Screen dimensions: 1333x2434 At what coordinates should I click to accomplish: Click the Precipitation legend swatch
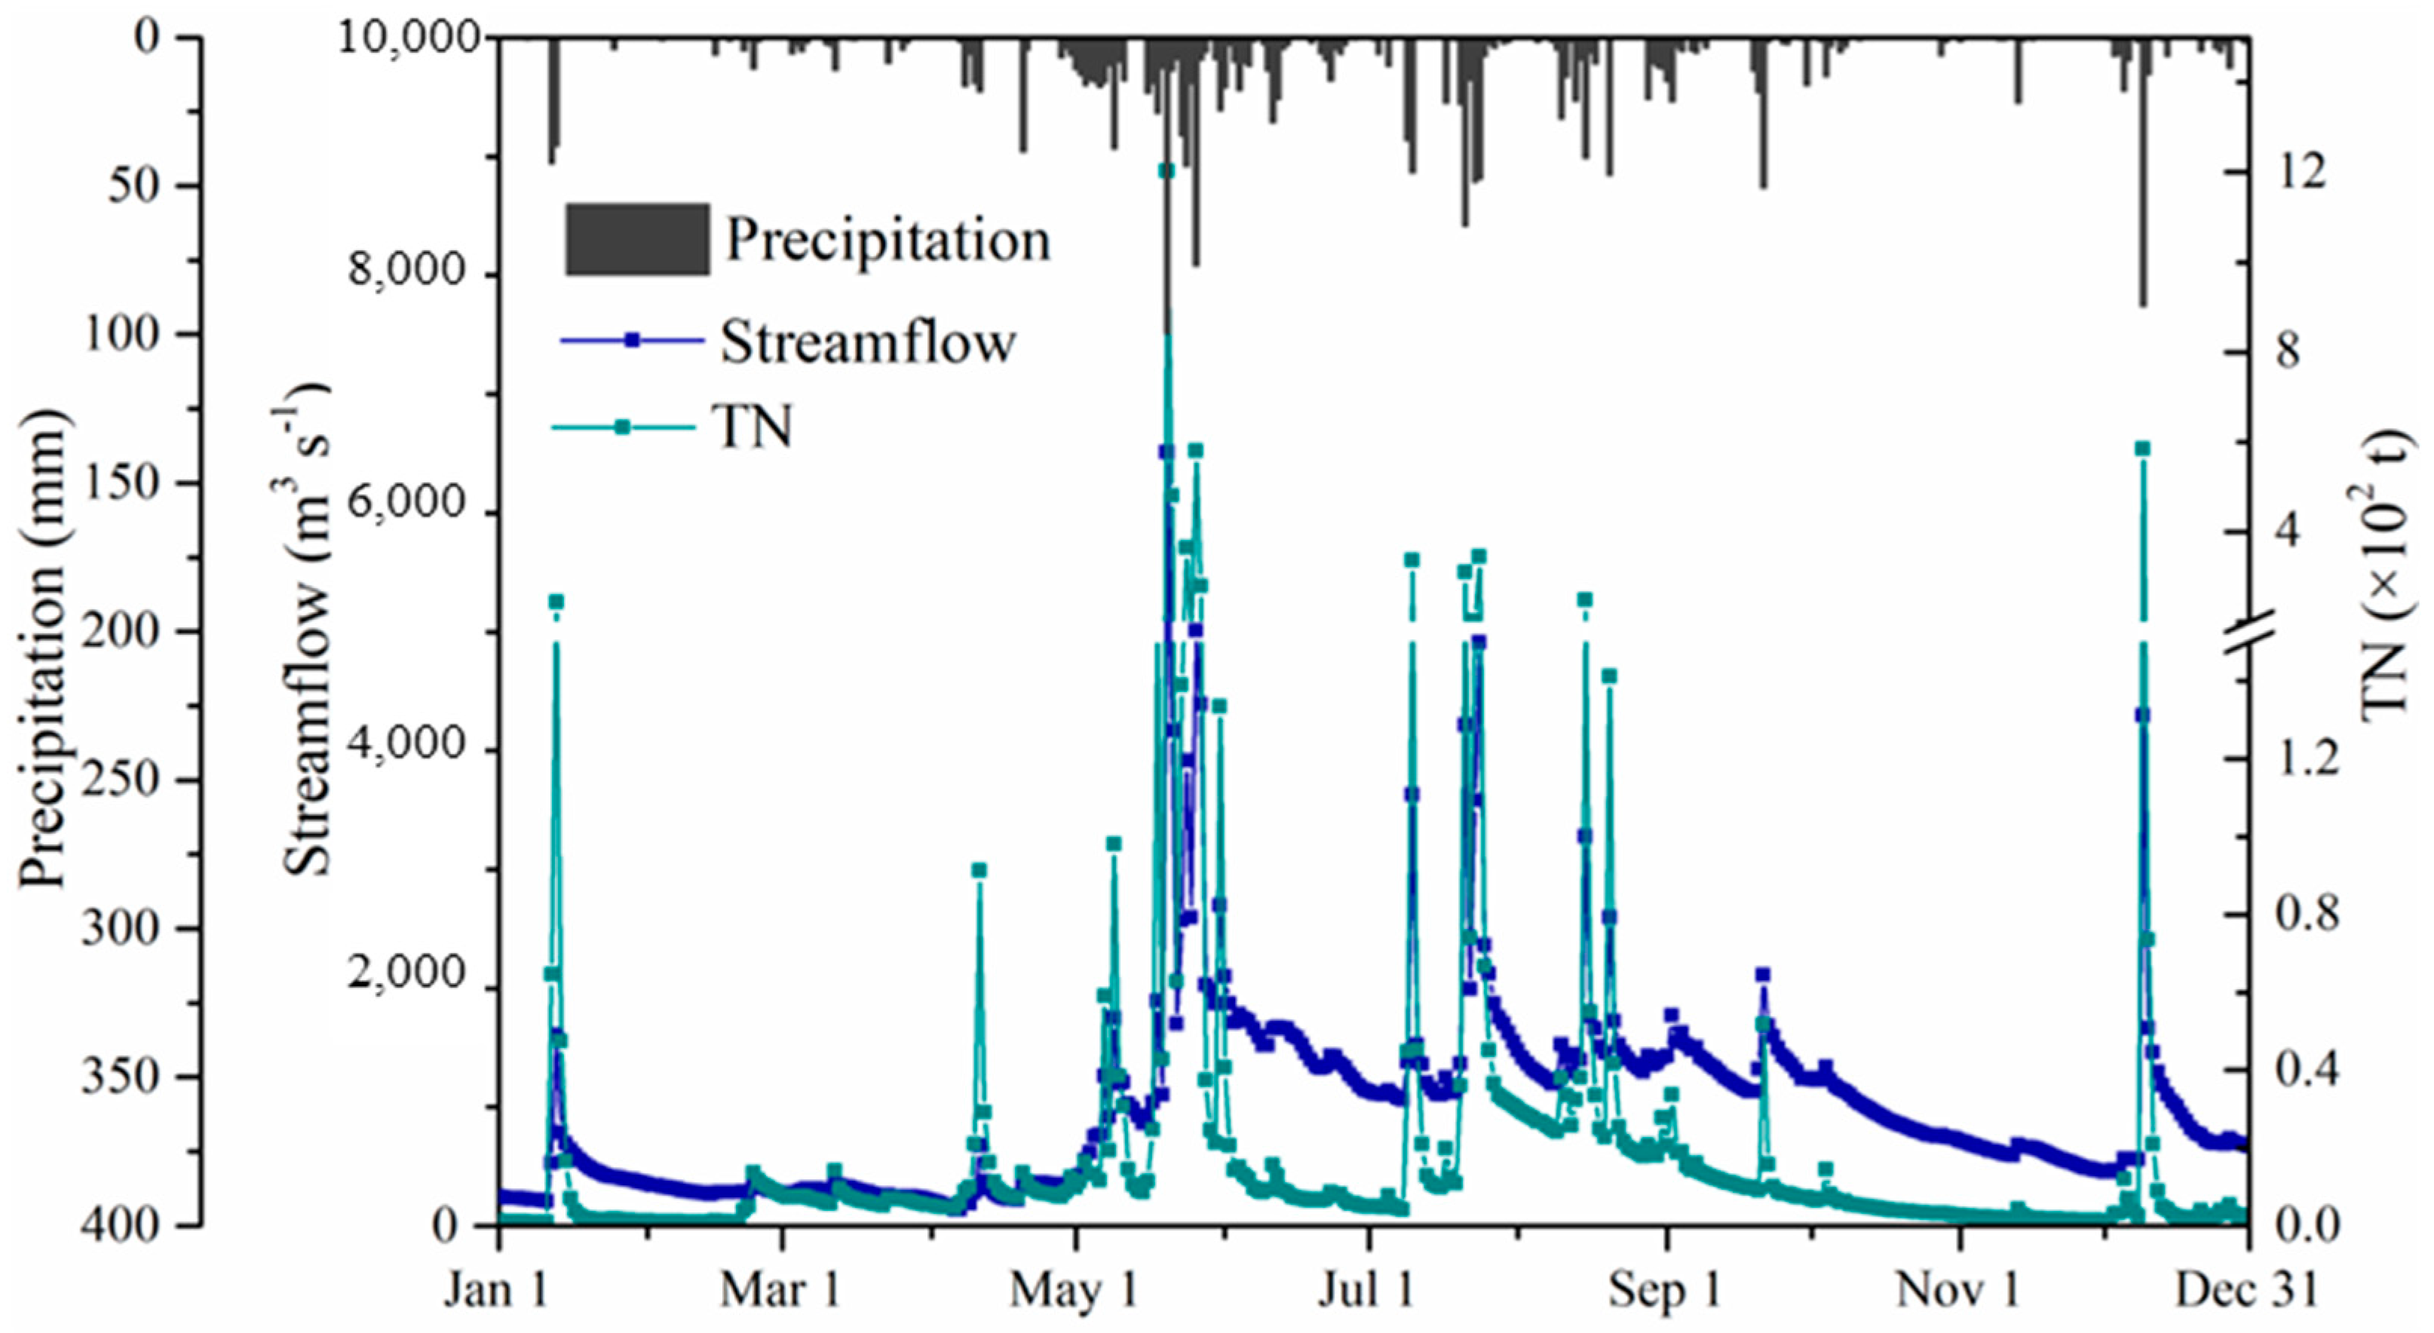(x=637, y=239)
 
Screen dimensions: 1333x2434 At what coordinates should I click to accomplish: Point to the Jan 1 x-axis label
(x=497, y=1291)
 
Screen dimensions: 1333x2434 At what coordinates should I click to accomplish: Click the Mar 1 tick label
(x=780, y=1291)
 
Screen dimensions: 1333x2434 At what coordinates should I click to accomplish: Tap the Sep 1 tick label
(x=1665, y=1291)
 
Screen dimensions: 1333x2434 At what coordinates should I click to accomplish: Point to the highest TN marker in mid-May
(x=1167, y=170)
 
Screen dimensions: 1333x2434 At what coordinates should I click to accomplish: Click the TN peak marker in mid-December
(x=2142, y=449)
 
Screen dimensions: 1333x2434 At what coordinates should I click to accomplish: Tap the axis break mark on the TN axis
(x=2250, y=653)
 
